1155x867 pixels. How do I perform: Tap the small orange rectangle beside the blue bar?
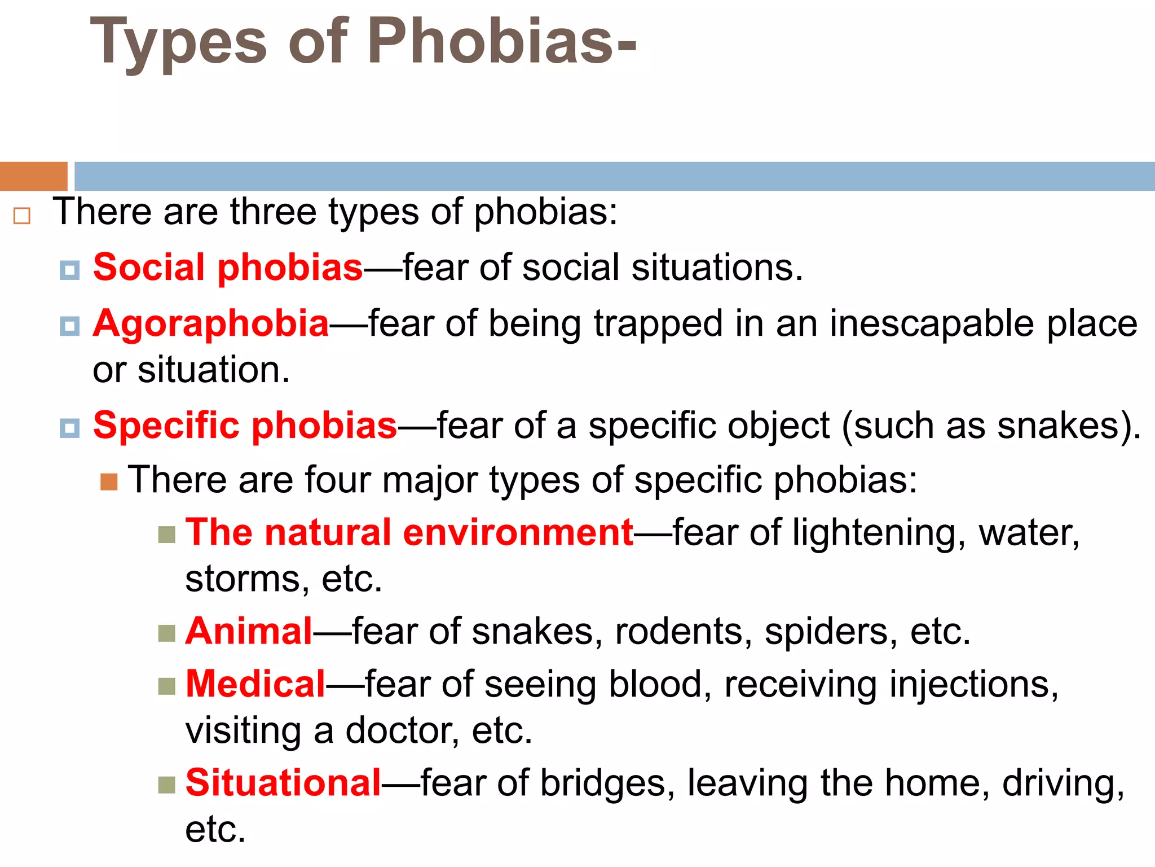[33, 176]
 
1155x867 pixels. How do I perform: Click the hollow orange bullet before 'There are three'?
[22, 216]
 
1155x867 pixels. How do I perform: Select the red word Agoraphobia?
[211, 324]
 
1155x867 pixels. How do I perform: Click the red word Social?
[148, 267]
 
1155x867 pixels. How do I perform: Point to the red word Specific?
[166, 425]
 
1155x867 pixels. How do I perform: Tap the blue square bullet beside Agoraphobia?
[69, 326]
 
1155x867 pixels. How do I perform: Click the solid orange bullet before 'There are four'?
[109, 482]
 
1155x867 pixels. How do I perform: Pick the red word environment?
[518, 532]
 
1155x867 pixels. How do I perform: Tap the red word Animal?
[249, 630]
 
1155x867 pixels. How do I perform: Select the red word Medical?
[255, 684]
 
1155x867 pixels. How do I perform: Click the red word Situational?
[283, 783]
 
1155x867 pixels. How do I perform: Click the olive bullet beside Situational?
[166, 785]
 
